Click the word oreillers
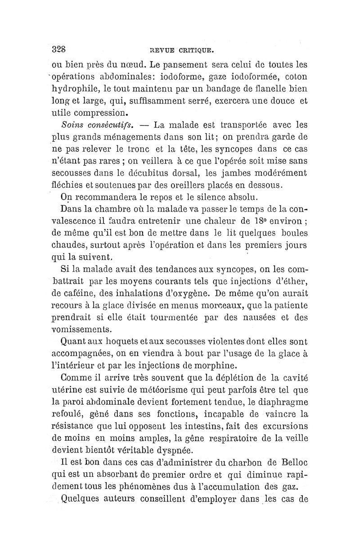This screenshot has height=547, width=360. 178,185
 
